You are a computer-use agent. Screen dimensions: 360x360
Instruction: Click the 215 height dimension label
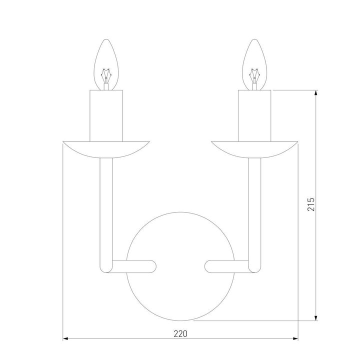(x=310, y=205)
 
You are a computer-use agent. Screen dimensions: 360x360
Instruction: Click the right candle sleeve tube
(x=255, y=115)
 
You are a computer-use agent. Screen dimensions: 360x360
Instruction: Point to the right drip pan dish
(x=255, y=149)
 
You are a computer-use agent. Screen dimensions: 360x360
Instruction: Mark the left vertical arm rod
(x=105, y=210)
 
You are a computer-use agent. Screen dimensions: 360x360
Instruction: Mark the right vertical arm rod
(x=255, y=210)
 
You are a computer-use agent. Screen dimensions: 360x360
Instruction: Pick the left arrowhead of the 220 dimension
(x=65, y=339)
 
